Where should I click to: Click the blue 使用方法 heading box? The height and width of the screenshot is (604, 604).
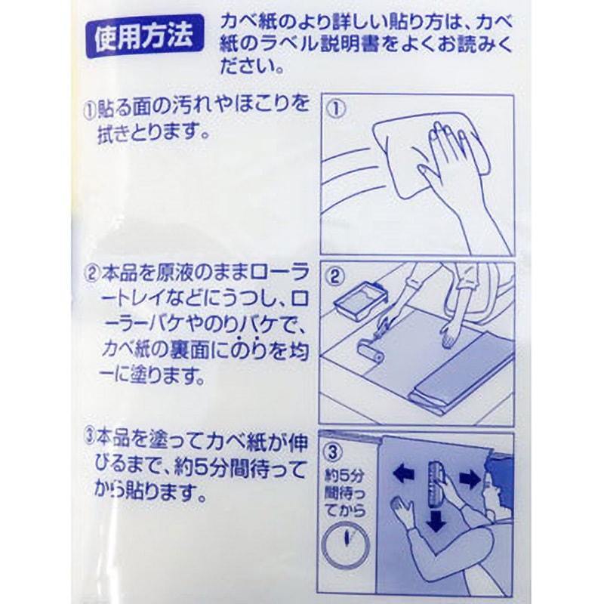point(143,35)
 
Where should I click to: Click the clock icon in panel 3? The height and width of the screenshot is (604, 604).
point(346,541)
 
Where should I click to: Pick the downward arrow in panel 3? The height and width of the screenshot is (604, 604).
point(435,519)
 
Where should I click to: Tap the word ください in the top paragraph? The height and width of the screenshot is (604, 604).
point(252,68)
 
